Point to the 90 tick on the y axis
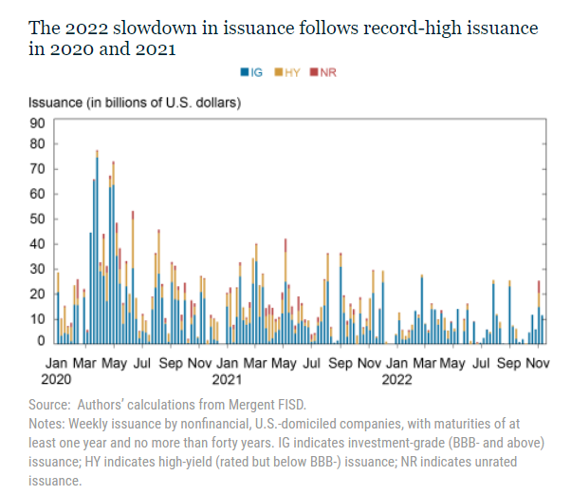click(38, 122)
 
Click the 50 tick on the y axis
click(38, 219)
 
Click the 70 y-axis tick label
click(38, 171)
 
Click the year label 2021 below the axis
click(226, 378)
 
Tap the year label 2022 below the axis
click(396, 378)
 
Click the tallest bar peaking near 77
click(97, 247)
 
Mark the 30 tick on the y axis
click(38, 269)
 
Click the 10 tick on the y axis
click(38, 317)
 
